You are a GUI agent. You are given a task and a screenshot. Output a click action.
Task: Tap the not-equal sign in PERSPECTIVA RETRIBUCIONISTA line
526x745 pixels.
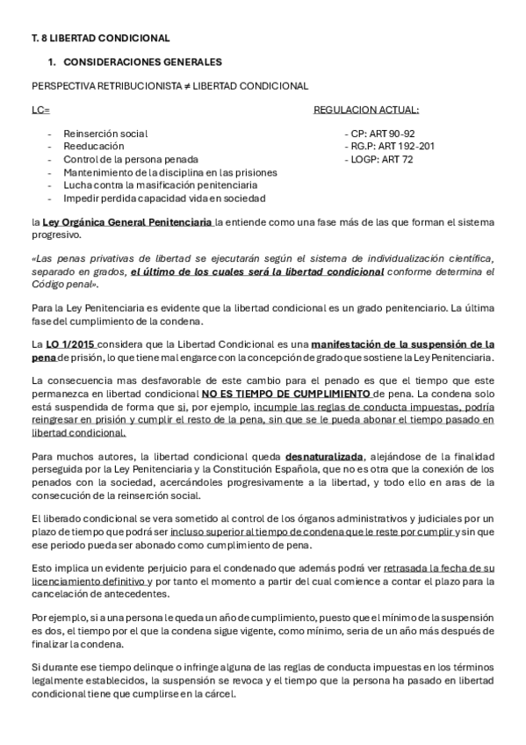click(x=186, y=86)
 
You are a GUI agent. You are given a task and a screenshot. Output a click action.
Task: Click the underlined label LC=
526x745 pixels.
click(x=40, y=110)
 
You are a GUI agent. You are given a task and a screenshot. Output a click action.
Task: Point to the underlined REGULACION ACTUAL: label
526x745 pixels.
click(x=366, y=110)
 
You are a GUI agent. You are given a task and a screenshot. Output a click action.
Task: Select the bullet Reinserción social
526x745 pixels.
click(x=105, y=133)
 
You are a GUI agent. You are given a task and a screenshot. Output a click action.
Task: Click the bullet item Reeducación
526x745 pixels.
click(x=94, y=146)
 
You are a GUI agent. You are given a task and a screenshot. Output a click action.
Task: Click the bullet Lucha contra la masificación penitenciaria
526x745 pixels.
click(x=160, y=185)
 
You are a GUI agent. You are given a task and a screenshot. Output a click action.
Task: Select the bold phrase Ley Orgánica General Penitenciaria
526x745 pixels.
click(x=128, y=222)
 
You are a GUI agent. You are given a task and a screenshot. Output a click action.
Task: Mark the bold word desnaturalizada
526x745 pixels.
click(x=323, y=458)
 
